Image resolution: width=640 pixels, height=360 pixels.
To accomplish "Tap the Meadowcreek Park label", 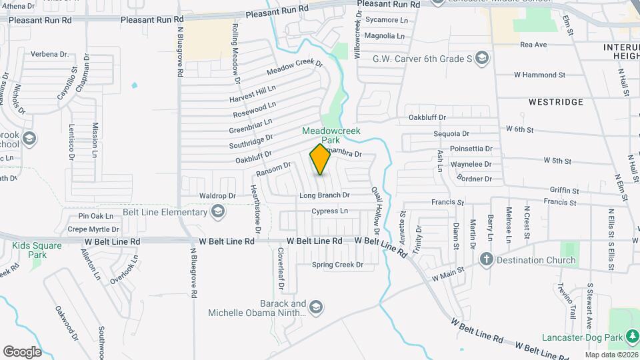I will click(331, 135).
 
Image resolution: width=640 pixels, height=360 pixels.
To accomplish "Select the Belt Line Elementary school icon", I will click(217, 213).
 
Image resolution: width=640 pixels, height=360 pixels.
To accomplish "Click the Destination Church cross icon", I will click(487, 260).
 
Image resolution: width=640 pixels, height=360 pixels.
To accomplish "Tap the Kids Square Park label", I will click(37, 250).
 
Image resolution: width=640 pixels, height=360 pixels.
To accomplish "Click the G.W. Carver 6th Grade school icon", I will click(483, 59).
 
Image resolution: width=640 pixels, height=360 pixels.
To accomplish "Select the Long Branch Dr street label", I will click(325, 195).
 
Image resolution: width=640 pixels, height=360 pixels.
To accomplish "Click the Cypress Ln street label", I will click(330, 211).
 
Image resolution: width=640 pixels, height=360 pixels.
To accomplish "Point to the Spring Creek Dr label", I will click(337, 265).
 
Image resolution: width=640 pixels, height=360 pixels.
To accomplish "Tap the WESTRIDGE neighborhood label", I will click(555, 102).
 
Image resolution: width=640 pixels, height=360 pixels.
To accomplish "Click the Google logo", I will click(22, 351).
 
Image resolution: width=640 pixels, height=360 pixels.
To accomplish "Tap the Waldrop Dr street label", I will click(218, 196).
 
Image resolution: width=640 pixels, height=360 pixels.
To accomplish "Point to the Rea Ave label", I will click(533, 45).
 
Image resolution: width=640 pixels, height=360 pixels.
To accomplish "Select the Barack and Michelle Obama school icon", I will click(316, 307).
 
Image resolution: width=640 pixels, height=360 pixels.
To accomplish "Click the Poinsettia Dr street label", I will click(471, 149).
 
